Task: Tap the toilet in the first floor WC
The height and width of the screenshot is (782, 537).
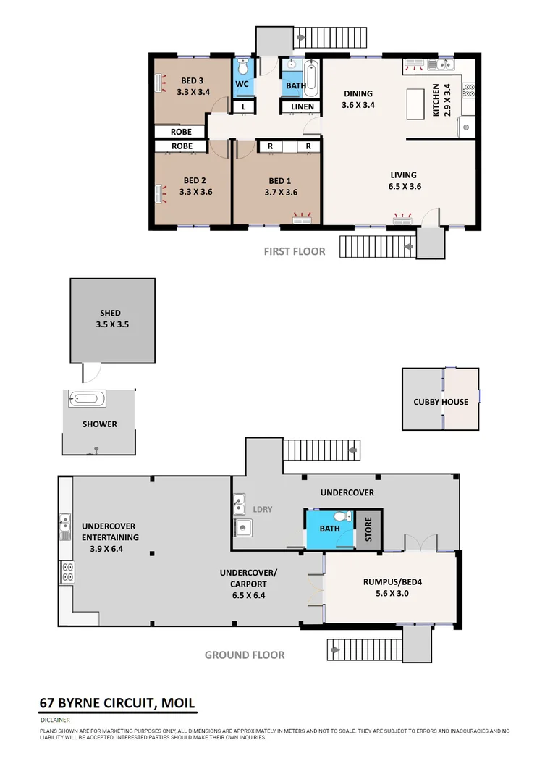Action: click(x=242, y=68)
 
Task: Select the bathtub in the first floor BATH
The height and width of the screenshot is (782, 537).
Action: click(x=311, y=79)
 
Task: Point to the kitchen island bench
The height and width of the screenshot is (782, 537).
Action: click(x=416, y=104)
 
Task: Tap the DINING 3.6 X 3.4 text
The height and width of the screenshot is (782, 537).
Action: click(x=358, y=98)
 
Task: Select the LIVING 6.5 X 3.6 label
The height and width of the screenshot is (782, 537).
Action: click(x=403, y=180)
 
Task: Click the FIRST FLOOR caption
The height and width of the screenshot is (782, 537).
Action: click(x=294, y=252)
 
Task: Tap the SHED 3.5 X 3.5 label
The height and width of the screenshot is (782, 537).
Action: click(x=111, y=319)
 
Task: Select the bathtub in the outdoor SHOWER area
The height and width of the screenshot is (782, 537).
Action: click(x=87, y=398)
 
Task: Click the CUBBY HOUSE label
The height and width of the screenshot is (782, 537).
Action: click(x=441, y=402)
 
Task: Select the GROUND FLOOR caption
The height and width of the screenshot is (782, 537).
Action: click(x=245, y=655)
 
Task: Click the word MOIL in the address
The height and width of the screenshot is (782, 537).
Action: click(x=174, y=703)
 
